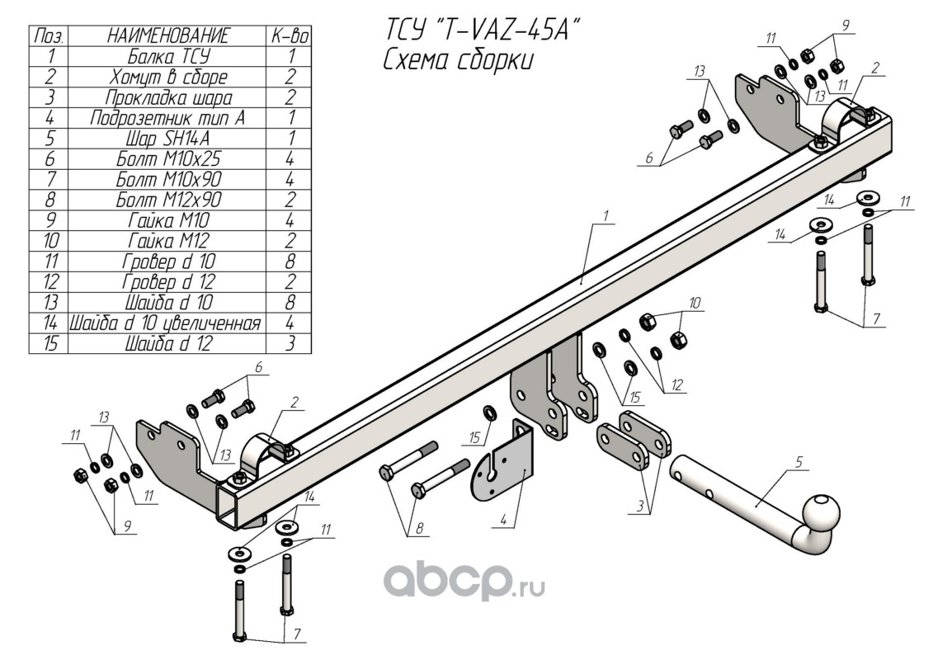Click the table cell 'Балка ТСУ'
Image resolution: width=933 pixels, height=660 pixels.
click(x=167, y=57)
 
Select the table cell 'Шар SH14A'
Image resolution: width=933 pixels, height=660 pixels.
click(x=167, y=139)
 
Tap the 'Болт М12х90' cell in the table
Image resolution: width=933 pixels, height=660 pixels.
click(x=167, y=200)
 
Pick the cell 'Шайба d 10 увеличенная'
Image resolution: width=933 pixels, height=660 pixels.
click(x=167, y=323)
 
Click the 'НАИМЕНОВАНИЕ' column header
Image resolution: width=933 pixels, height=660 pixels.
click(x=167, y=35)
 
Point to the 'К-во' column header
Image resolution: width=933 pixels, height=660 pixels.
click(x=290, y=35)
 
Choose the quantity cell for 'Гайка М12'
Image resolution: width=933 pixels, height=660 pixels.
click(x=290, y=241)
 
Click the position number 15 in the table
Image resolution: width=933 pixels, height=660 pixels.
click(x=49, y=344)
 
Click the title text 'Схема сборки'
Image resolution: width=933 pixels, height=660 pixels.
click(x=458, y=61)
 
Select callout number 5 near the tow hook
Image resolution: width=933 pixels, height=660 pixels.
click(x=799, y=462)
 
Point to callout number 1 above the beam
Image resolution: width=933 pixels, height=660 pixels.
click(x=606, y=215)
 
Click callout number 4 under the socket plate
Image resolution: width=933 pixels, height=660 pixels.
click(x=502, y=520)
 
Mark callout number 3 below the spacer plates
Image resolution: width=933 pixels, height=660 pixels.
click(x=640, y=507)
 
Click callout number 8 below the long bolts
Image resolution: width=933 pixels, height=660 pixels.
click(x=420, y=528)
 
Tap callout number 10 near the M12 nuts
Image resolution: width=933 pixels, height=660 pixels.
click(x=695, y=304)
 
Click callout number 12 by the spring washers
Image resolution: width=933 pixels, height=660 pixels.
click(x=677, y=385)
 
